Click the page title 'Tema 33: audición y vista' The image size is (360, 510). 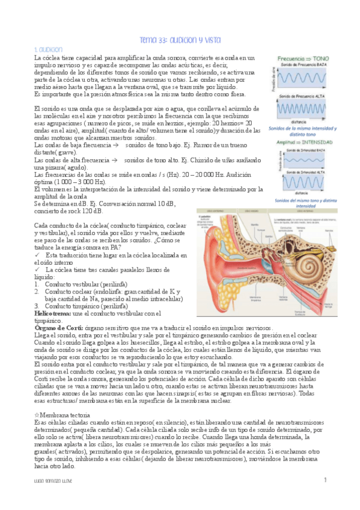pyautogui.click(x=180, y=40)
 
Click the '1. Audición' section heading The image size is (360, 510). pyautogui.click(x=49, y=49)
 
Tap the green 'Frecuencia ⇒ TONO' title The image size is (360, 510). pyautogui.click(x=303, y=58)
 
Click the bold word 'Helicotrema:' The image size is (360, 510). pyautogui.click(x=52, y=313)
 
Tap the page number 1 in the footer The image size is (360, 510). pyautogui.click(x=325, y=480)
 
